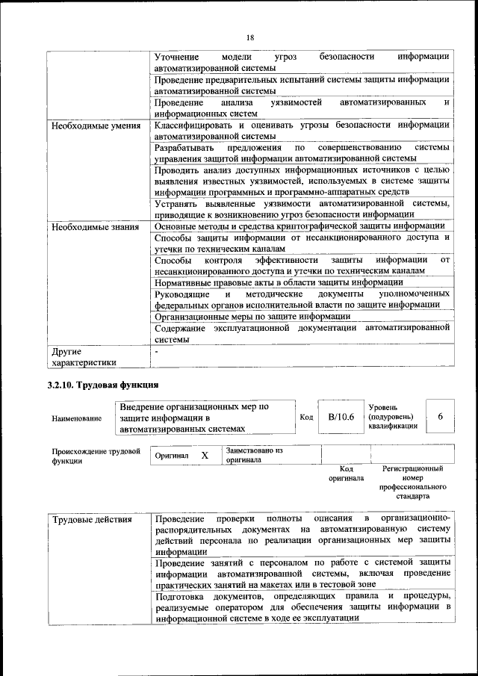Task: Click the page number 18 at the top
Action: pos(250,37)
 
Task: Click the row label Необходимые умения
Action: pos(96,125)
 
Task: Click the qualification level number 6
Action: pos(441,417)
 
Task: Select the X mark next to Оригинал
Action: pos(205,455)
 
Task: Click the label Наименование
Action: pos(76,418)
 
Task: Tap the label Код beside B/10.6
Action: pos(305,417)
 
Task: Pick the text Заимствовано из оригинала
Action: pos(255,456)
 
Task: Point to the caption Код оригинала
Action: pos(346,473)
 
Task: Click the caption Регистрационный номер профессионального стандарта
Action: pos(412,482)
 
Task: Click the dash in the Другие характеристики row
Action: pos(157,350)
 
